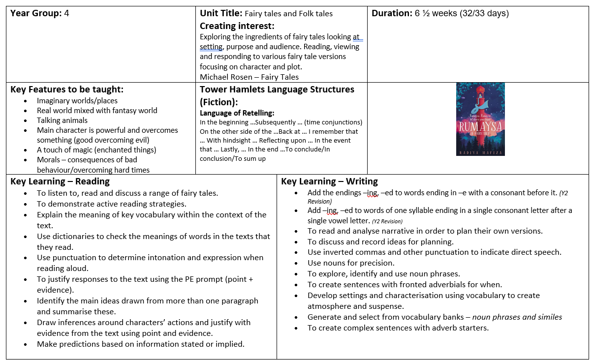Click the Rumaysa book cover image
tap(480, 119)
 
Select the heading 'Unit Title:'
tap(221, 13)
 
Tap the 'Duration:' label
tap(392, 13)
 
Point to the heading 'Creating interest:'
tap(237, 26)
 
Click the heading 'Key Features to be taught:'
tap(67, 90)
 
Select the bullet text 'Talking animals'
tap(62, 120)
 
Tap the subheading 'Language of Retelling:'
tap(237, 113)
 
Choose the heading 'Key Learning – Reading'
tap(60, 181)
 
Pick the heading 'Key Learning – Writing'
tap(329, 181)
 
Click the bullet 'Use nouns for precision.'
tap(351, 263)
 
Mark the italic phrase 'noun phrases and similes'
tap(517, 317)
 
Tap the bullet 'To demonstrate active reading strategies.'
tap(111, 204)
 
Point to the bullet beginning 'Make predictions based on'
tap(140, 344)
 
